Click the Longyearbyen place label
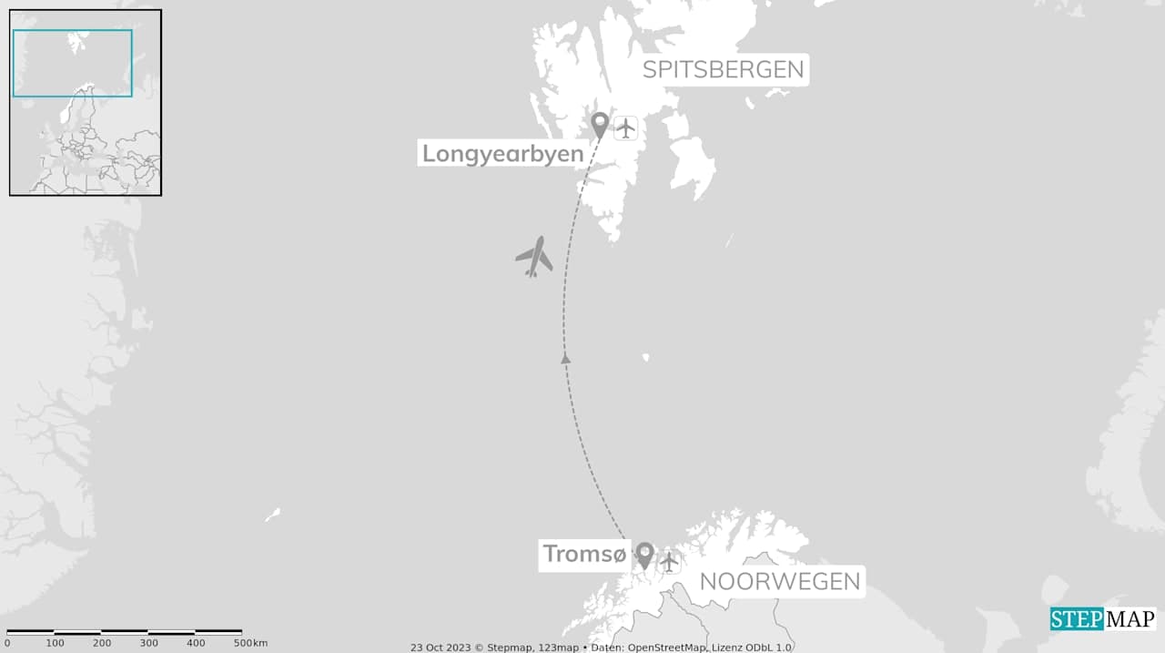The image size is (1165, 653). (502, 154)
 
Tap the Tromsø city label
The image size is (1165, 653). (584, 554)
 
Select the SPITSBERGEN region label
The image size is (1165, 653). (724, 69)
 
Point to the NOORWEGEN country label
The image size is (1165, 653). (780, 582)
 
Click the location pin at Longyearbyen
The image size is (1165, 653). (600, 125)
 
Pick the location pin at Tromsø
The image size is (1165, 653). (644, 555)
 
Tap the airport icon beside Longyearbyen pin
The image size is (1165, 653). (625, 128)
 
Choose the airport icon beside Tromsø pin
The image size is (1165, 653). (669, 562)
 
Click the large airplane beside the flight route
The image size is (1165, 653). (534, 257)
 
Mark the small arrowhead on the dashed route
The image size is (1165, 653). (565, 359)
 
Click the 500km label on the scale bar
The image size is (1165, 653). (250, 644)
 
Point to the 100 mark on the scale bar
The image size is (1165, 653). (55, 644)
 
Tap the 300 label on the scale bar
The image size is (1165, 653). (148, 644)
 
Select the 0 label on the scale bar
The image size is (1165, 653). (7, 644)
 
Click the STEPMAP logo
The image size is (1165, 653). (1102, 619)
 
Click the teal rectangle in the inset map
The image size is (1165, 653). (72, 63)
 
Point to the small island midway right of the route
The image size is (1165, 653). (645, 357)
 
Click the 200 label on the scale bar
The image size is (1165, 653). (102, 644)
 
